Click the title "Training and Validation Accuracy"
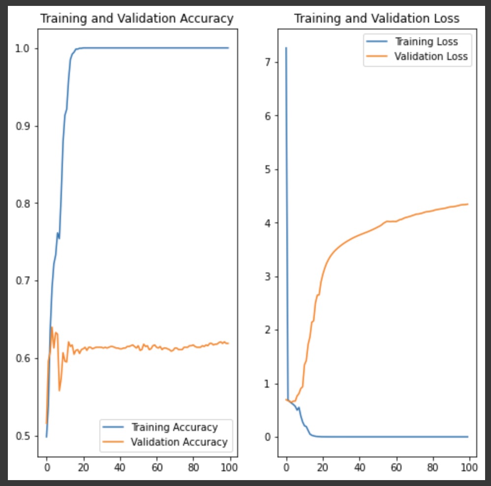pos(136,19)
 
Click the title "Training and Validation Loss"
pos(376,19)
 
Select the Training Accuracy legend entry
pos(174,427)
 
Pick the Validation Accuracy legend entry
pos(179,442)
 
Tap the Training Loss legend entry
pos(426,41)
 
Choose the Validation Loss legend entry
pos(430,56)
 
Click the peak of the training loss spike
pos(286,48)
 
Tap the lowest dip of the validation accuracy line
pos(60,391)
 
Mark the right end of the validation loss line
pos(468,204)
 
